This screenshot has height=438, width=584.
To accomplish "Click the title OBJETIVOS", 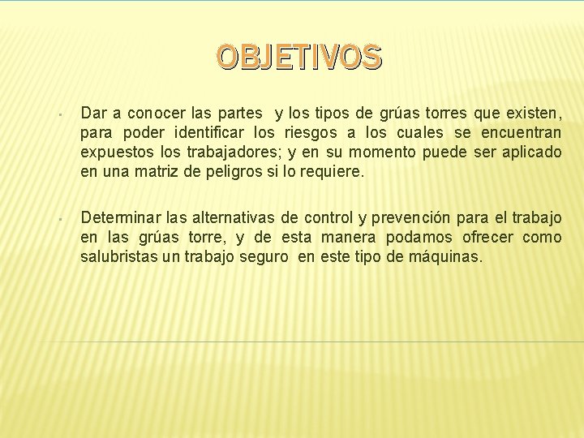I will pos(298,57).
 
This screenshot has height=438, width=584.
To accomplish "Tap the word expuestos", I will pos(110,152).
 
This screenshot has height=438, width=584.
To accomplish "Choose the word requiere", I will pos(334,172).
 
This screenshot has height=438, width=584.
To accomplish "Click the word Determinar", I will pos(120,217).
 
